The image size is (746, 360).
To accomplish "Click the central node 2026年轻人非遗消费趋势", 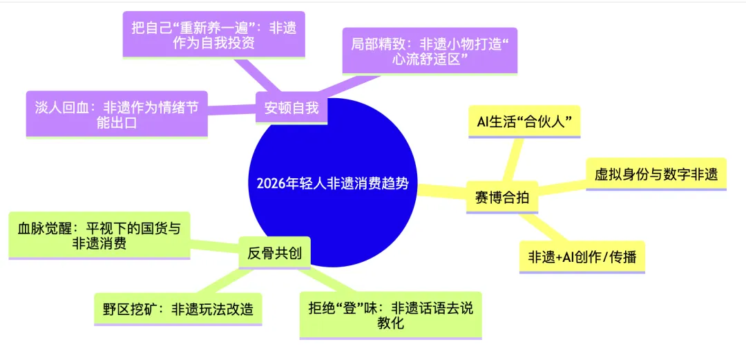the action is coord(332,182).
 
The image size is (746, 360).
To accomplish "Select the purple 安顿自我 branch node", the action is coord(291,108).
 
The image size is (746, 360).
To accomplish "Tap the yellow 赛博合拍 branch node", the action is coord(502,197).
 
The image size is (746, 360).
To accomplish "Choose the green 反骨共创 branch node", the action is coord(274,254).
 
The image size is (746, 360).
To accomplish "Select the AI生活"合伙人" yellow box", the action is coord(524,122).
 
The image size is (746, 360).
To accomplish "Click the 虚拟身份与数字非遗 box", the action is coord(656,174).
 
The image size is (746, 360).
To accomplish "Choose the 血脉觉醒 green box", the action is coord(99,236).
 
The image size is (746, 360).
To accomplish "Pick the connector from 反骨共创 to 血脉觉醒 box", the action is coord(213,245).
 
